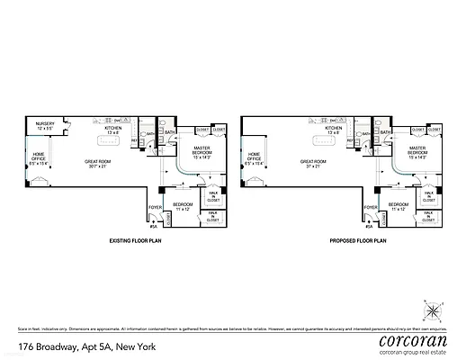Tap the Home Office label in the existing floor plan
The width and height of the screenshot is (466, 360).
pyautogui.click(x=40, y=160)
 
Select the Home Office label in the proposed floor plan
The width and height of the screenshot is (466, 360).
pyautogui.click(x=254, y=160)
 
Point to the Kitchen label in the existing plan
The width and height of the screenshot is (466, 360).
pyautogui.click(x=113, y=130)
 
